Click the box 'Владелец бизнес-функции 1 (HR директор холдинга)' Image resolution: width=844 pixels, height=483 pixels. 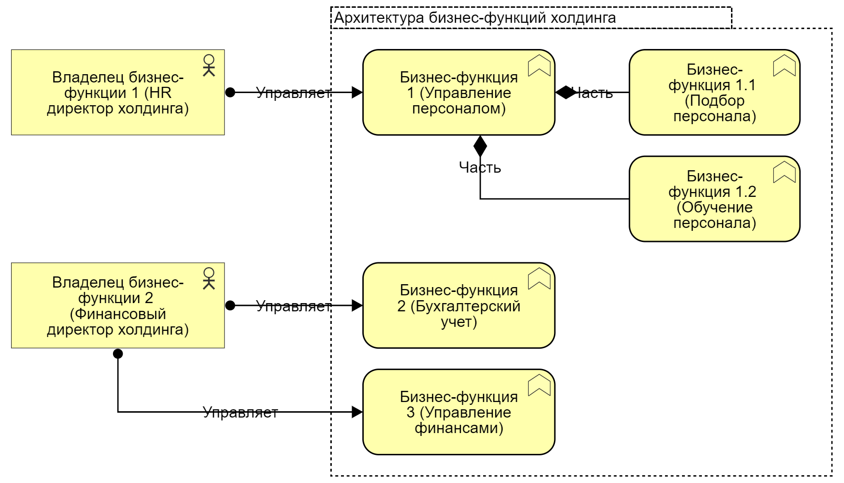[118, 92]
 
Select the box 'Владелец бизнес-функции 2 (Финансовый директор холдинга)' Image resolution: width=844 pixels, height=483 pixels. [118, 306]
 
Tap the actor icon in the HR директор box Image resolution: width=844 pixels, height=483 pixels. [209, 65]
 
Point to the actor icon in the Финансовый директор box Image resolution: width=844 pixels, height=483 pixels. [209, 278]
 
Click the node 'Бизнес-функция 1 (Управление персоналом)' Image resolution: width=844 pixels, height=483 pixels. [458, 92]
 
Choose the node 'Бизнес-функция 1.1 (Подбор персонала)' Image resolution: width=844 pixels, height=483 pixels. [714, 92]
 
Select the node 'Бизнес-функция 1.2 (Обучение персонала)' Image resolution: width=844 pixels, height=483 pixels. [714, 199]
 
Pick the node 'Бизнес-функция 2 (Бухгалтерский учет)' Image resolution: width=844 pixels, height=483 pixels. [458, 306]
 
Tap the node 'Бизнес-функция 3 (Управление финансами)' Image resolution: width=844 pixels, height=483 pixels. [458, 412]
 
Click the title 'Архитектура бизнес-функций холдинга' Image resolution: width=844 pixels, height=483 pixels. [475, 18]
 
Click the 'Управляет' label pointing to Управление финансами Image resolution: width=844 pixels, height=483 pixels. [240, 412]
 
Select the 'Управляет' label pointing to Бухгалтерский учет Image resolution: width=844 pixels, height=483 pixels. [293, 306]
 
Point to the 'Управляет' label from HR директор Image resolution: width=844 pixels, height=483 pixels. [293, 92]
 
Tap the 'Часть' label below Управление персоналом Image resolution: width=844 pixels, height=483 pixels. [480, 167]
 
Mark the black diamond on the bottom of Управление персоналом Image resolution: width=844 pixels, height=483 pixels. [480, 145]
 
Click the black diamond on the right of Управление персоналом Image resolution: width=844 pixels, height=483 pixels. [565, 92]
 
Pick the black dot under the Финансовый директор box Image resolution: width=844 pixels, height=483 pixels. [118, 354]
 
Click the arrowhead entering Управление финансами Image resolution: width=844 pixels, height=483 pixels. [357, 412]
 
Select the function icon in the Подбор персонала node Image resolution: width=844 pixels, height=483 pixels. [784, 65]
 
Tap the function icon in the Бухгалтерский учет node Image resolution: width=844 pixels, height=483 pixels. [539, 278]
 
